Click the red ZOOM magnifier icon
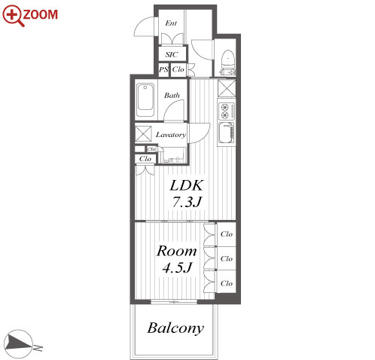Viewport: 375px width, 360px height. coord(14,16)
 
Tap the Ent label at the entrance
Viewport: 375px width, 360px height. coord(171,23)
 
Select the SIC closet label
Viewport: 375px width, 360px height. coord(172,54)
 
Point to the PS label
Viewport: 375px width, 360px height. coord(163,69)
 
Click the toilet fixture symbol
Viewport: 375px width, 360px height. coord(228,63)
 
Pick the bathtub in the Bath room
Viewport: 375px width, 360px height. coord(145,100)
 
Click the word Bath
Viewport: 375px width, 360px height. coord(172,96)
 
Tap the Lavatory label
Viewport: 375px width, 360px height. coord(171,135)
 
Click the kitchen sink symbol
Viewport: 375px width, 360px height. coord(227,133)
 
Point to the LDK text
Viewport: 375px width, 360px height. coord(186,186)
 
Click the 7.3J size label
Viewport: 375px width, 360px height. coord(187,202)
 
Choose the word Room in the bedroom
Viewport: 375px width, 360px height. coord(177,251)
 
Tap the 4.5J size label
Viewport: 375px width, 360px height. coord(178,267)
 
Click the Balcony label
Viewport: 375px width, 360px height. coord(175,328)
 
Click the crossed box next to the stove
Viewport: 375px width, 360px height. coord(227,88)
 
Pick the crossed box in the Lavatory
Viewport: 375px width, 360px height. coord(143,133)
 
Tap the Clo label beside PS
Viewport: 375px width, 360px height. coord(178,69)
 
